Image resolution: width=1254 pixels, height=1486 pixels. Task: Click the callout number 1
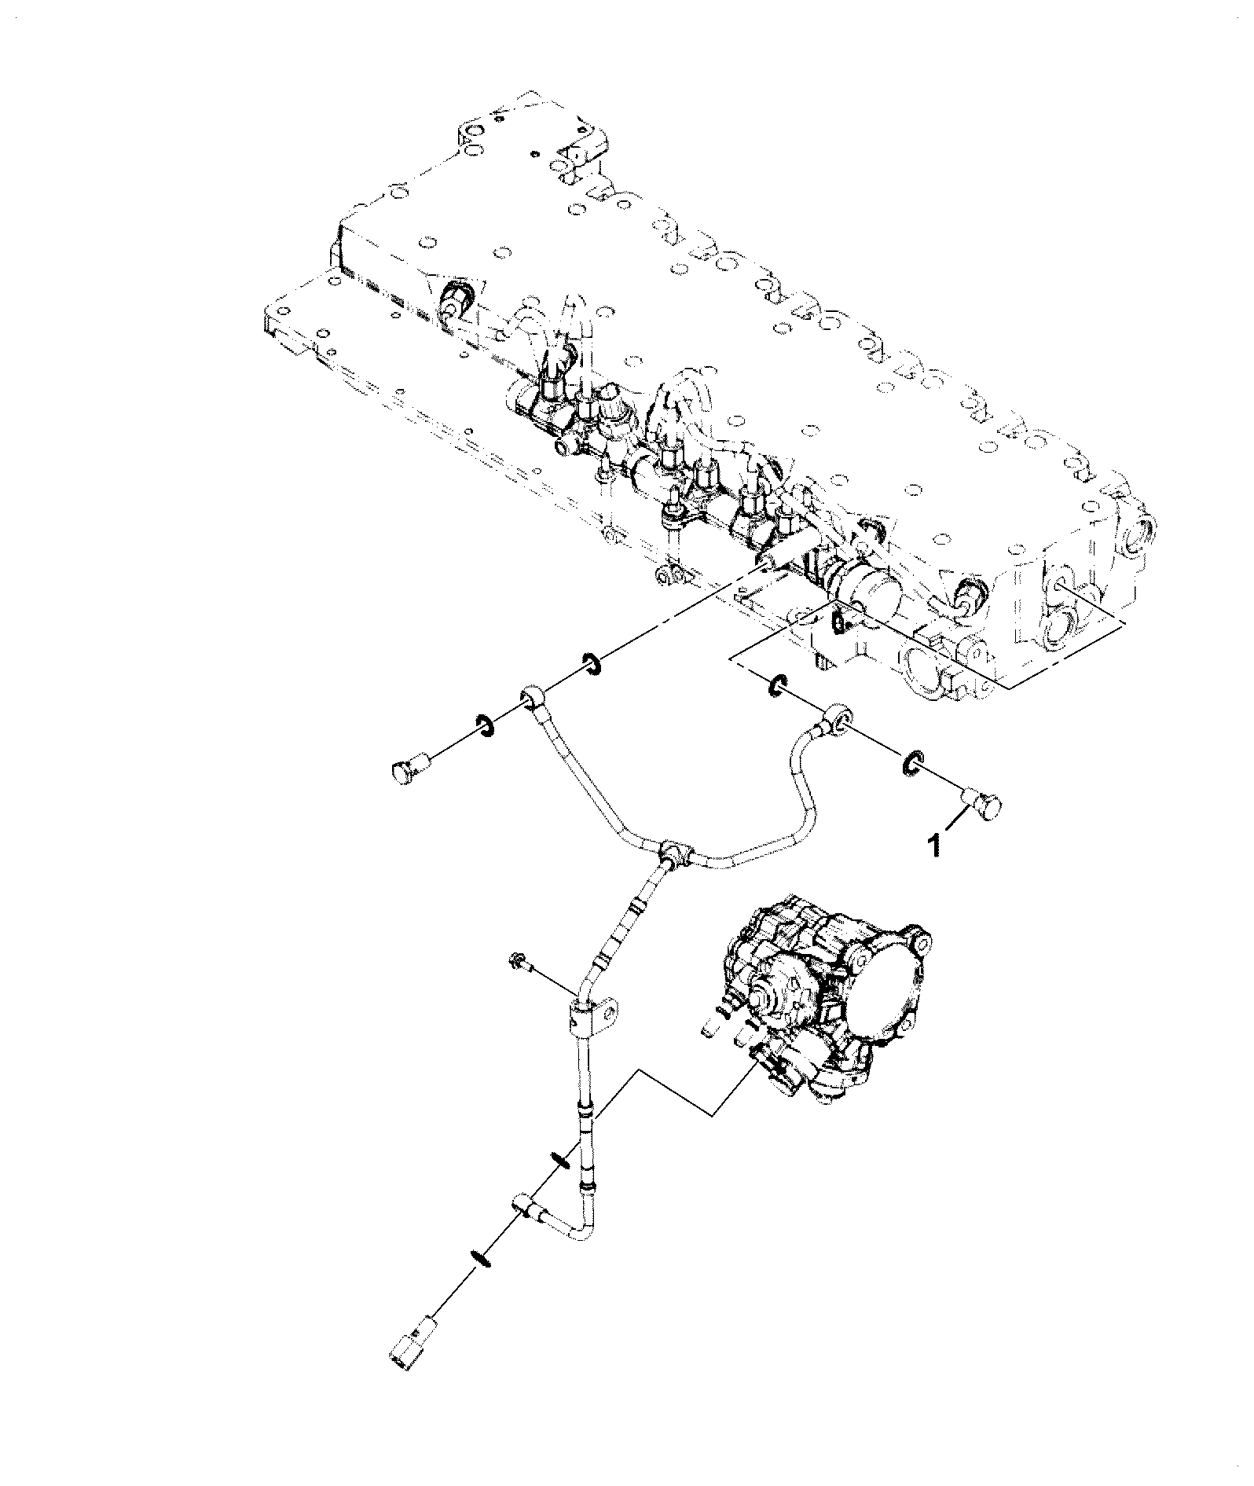[934, 846]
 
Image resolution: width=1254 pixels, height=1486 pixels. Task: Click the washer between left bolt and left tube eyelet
[484, 727]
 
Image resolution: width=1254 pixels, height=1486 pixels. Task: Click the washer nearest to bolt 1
[912, 764]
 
